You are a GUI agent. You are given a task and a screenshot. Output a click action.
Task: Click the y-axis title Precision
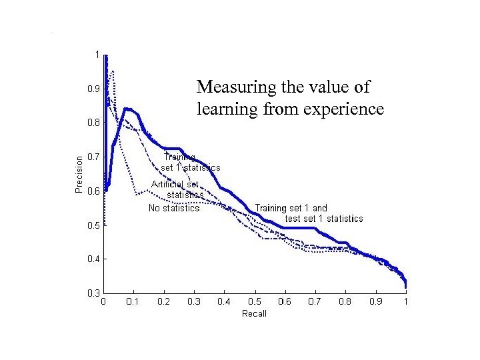(x=79, y=174)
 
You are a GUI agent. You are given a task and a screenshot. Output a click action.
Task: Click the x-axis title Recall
(x=254, y=313)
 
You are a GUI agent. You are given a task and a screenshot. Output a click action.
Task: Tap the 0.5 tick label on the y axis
(x=93, y=225)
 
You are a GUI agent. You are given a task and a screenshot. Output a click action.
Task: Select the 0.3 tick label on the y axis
(x=93, y=293)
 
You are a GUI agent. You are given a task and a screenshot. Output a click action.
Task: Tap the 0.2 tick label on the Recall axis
(x=163, y=302)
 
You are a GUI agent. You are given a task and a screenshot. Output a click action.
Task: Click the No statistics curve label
(x=173, y=208)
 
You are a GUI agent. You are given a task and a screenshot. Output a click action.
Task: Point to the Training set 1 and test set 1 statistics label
(x=308, y=213)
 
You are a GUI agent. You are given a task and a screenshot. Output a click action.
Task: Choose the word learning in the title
(x=225, y=109)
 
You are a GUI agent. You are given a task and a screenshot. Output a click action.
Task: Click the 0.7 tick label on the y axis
(x=93, y=157)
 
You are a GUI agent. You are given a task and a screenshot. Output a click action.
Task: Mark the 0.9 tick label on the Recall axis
(x=375, y=302)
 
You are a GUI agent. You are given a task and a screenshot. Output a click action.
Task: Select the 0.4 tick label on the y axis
(x=93, y=259)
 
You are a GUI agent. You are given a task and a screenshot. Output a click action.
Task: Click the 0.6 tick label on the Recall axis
(x=284, y=302)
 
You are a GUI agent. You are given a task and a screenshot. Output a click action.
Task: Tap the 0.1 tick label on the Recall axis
(x=133, y=302)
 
